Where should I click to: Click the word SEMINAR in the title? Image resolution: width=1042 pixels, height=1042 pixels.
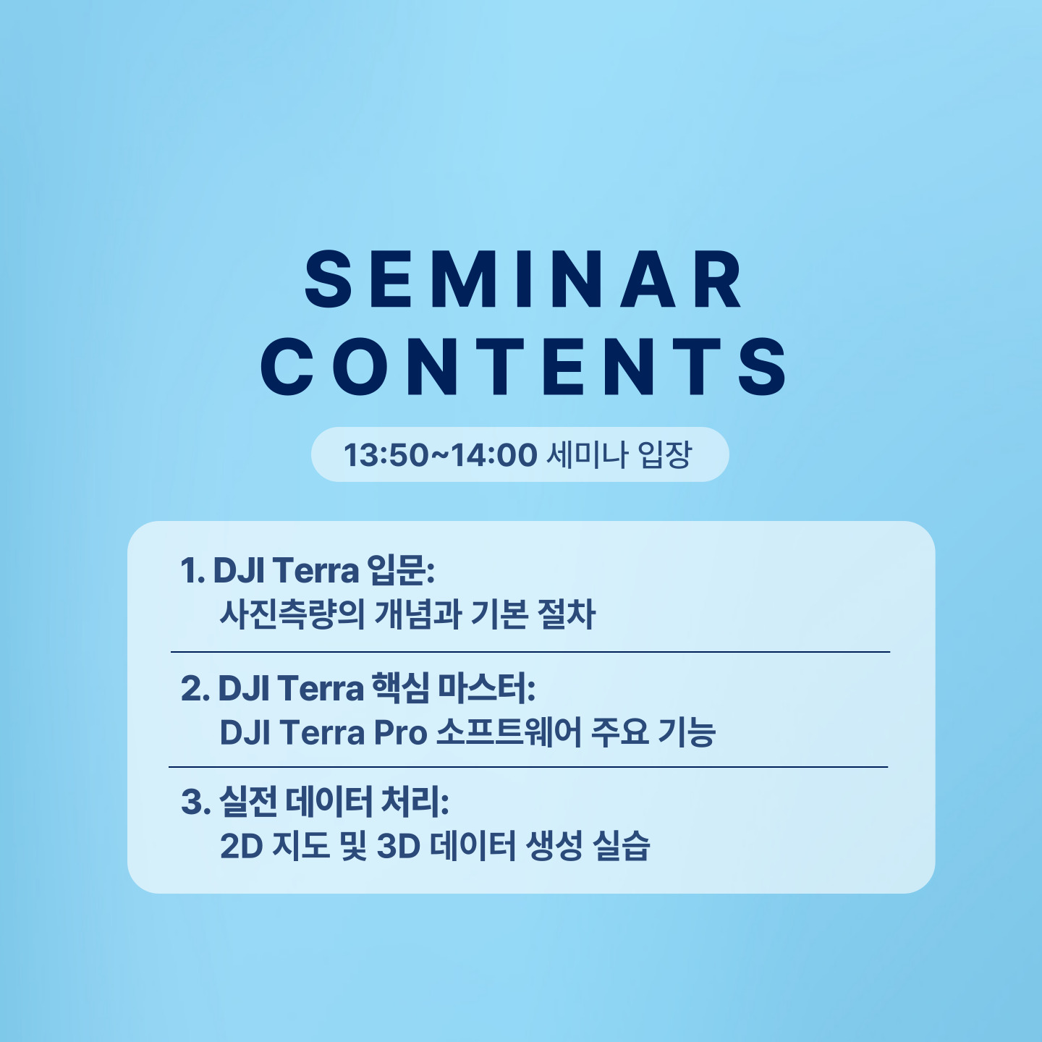(x=522, y=279)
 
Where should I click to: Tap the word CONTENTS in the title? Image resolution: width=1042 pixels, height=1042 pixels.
(x=523, y=366)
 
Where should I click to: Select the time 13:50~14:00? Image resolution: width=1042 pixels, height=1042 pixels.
(x=440, y=454)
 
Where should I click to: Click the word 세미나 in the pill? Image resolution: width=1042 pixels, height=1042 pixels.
(x=588, y=454)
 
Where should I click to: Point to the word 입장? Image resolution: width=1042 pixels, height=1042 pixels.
(x=664, y=454)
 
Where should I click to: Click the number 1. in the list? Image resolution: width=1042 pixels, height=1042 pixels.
(x=192, y=570)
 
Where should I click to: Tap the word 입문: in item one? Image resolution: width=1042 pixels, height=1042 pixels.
(x=400, y=570)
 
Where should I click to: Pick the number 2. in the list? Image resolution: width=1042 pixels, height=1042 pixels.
(x=195, y=689)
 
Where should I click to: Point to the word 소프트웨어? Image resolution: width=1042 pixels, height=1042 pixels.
(x=508, y=733)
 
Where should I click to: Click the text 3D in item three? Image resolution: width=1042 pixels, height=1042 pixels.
(x=399, y=847)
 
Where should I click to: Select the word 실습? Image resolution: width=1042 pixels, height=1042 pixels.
(x=622, y=847)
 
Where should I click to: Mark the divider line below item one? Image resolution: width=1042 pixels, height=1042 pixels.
(x=530, y=652)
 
